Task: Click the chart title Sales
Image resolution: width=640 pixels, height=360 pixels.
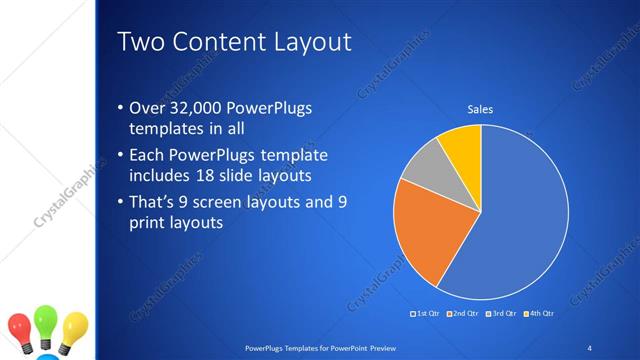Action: pos(481,109)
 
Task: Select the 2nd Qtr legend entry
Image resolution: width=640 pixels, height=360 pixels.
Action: pos(462,314)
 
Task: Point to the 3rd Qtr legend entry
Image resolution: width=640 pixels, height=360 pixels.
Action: pos(500,314)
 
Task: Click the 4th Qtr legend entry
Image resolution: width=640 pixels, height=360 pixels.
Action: pos(537,314)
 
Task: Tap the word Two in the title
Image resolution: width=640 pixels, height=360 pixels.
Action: pos(141,43)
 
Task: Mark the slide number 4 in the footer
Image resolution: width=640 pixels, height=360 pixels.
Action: pos(589,347)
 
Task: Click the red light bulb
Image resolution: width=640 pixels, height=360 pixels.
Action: pos(20,327)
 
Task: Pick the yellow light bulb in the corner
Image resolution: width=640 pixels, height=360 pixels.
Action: pos(74,327)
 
